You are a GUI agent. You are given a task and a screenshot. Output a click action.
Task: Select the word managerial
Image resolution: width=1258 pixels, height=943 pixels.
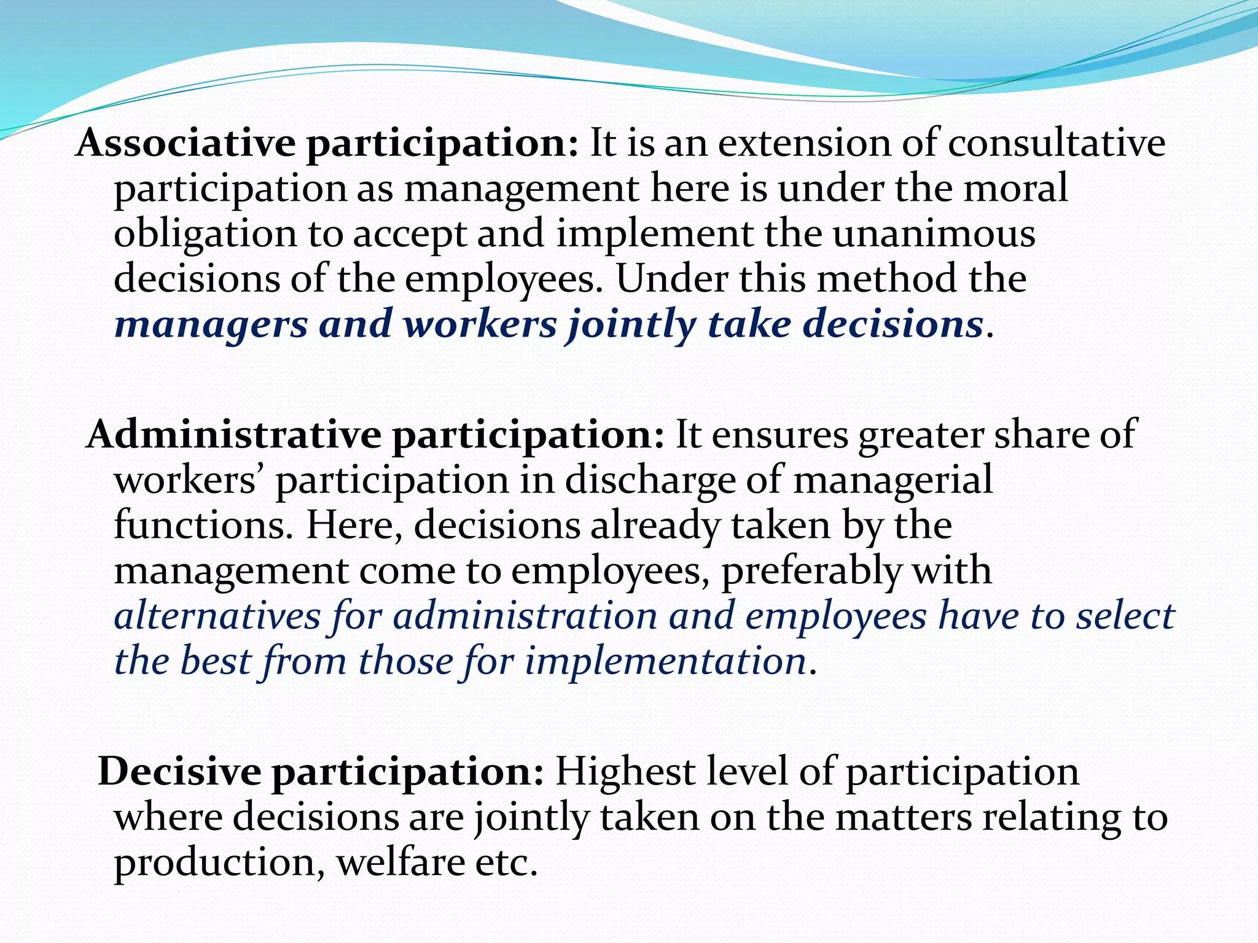[x=893, y=480]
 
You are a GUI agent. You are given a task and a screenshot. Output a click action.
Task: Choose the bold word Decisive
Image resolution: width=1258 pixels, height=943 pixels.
[x=179, y=772]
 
